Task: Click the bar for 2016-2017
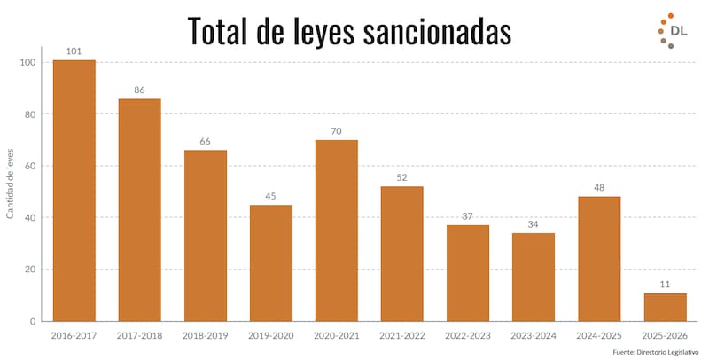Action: pos(74,191)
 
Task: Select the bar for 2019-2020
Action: pos(271,262)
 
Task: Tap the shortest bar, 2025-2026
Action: pos(665,307)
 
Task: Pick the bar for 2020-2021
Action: pos(337,231)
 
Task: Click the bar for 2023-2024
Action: pos(534,277)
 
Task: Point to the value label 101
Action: pos(74,51)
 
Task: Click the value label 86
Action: pos(140,90)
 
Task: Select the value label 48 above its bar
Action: pos(599,188)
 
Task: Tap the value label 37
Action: pos(468,216)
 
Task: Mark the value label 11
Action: pos(665,284)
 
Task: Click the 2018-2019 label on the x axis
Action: pos(206,336)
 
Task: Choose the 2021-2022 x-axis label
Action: pos(402,336)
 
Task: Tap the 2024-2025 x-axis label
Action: pos(599,336)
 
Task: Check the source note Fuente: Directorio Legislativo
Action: pos(656,352)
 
